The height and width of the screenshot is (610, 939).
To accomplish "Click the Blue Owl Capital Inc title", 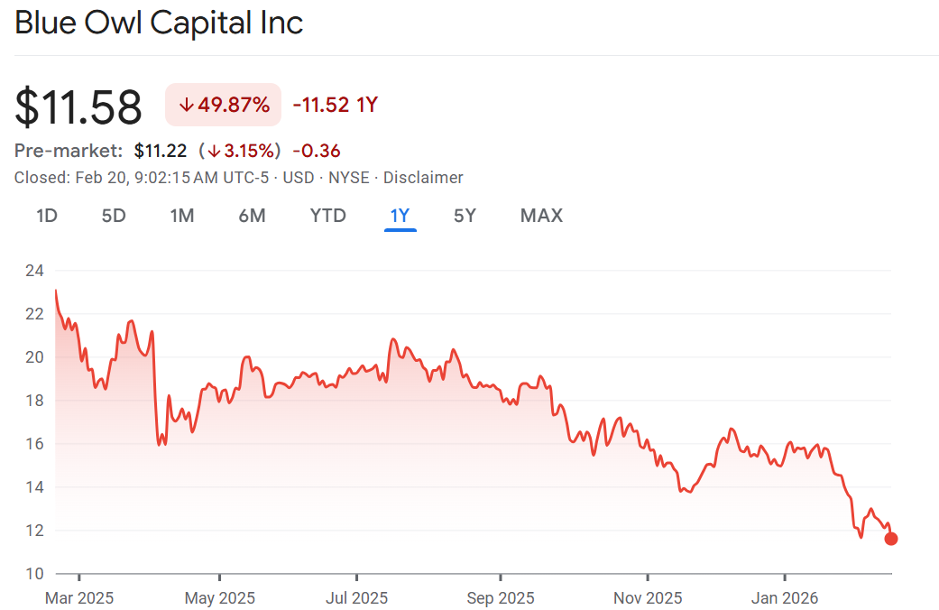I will click(159, 23).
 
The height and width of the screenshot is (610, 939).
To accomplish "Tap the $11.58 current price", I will click(78, 106).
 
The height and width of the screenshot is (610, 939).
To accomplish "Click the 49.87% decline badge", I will click(224, 105).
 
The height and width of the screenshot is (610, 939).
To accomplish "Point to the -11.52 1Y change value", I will click(335, 105).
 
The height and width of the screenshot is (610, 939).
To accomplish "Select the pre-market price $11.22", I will click(161, 151).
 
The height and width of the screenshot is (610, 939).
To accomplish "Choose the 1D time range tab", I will click(47, 216).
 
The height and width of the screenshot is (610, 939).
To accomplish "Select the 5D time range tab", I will click(113, 216).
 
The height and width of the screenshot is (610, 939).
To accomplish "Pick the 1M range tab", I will click(182, 216).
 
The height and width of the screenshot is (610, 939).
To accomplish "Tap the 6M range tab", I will click(252, 216).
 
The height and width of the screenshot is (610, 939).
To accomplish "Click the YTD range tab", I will click(327, 216).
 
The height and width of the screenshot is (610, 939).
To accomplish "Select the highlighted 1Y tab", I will click(400, 216).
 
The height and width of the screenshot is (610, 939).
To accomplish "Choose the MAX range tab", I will click(541, 216).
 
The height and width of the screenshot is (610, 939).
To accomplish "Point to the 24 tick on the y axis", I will click(34, 271).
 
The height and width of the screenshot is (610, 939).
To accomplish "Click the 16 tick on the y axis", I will click(34, 444).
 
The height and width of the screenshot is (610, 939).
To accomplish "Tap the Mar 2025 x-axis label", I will click(78, 597).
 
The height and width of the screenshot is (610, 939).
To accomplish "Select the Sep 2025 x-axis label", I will click(500, 597).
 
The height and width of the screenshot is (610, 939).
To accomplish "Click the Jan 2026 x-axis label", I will click(785, 597).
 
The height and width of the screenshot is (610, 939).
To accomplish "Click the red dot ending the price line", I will click(891, 539).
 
